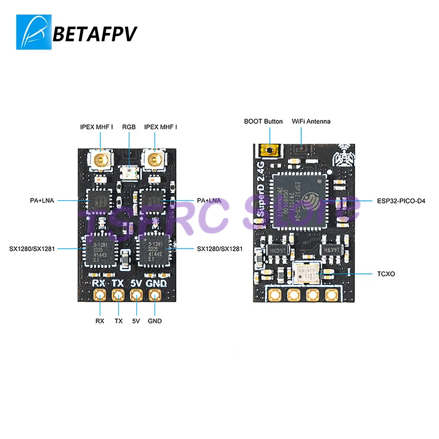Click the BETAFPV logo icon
(34, 32)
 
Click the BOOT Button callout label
(263, 121)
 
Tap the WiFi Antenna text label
(311, 121)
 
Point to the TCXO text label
(386, 274)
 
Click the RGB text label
(129, 127)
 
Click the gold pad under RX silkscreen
(101, 295)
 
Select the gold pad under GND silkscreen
(154, 295)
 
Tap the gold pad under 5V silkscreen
(136, 295)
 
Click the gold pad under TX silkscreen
(118, 295)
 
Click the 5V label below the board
(136, 321)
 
